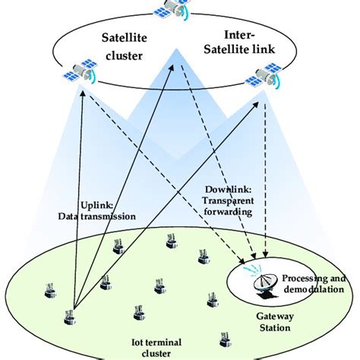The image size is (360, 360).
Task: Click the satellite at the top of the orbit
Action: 172,8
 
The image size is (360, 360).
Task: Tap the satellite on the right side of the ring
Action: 264,77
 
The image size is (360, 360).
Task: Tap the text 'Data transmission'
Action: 99,216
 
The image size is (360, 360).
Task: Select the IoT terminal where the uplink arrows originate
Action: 72,314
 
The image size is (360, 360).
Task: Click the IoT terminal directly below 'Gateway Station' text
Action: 223,337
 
